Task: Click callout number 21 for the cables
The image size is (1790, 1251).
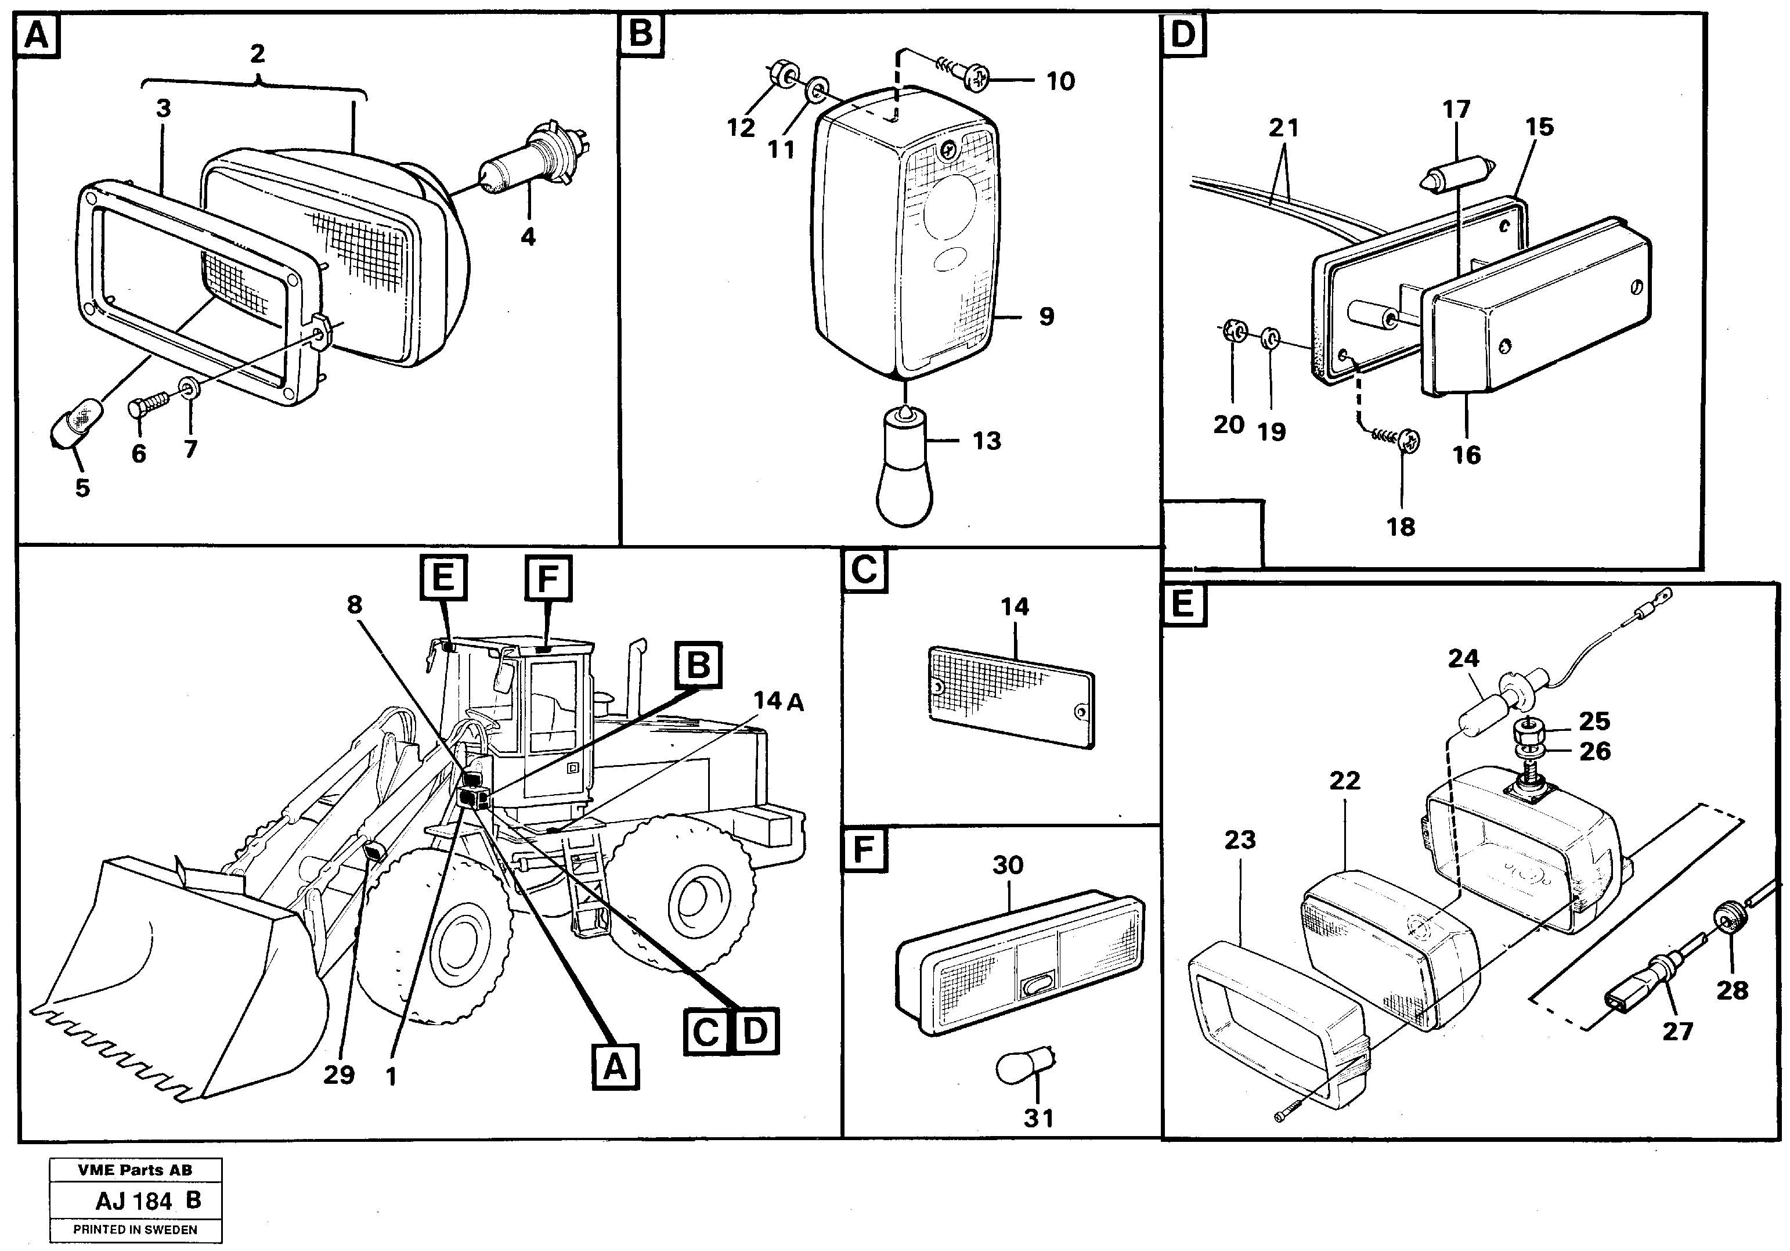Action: [1283, 127]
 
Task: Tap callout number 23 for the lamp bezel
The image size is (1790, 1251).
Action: [1240, 840]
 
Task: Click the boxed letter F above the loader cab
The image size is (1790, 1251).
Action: [548, 579]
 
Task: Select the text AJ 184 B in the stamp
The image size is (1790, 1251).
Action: [148, 1200]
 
